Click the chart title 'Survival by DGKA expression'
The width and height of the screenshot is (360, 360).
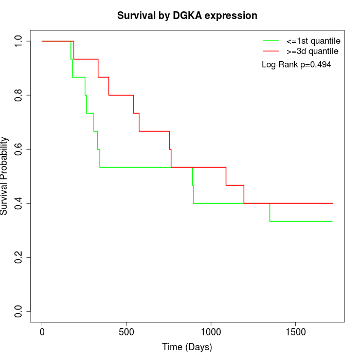(x=187, y=15)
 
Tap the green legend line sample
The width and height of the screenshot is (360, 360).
(x=271, y=41)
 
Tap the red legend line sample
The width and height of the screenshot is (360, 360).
(x=271, y=51)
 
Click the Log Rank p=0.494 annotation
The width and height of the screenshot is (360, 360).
(x=296, y=65)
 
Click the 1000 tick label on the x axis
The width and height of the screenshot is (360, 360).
(x=211, y=332)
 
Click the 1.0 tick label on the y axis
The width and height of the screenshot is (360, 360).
(x=19, y=41)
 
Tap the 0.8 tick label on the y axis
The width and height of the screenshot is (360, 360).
(x=19, y=95)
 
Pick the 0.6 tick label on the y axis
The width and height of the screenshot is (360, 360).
(x=19, y=149)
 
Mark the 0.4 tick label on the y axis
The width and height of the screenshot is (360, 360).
(x=19, y=203)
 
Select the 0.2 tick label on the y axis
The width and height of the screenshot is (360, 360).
(x=19, y=257)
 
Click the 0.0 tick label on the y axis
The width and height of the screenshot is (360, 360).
(x=19, y=311)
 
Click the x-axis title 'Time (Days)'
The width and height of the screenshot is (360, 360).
(x=187, y=348)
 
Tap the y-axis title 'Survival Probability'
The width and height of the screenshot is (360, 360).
(x=5, y=176)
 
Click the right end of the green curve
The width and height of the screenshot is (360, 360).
(x=332, y=221)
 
